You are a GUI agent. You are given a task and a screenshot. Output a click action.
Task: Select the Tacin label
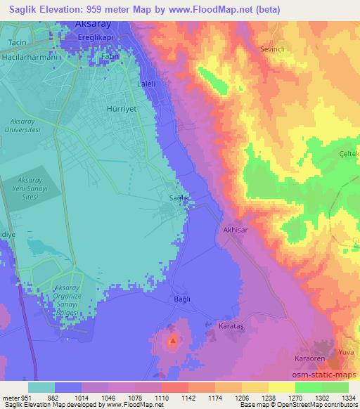click(16, 42)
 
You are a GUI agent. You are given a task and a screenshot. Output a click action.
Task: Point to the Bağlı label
click(182, 299)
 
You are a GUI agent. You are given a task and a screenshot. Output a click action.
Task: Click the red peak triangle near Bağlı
click(173, 341)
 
